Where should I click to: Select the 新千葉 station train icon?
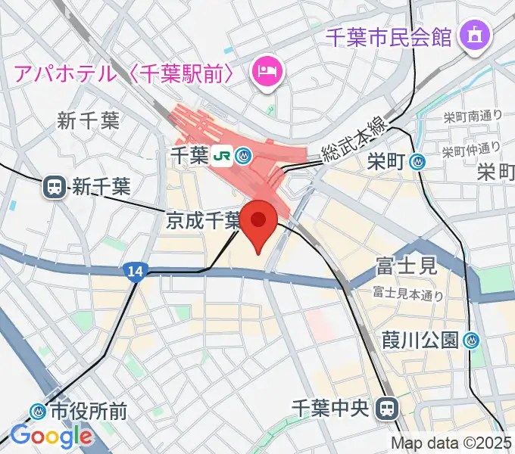pyautogui.click(x=55, y=186)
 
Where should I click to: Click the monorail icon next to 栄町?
pyautogui.click(x=417, y=161)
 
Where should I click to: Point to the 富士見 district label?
pyautogui.click(x=407, y=266)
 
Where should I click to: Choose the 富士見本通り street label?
pyautogui.click(x=407, y=294)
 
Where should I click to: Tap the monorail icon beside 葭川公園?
pyautogui.click(x=473, y=340)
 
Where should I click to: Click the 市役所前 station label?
pyautogui.click(x=89, y=412)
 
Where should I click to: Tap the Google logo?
pyautogui.click(x=51, y=436)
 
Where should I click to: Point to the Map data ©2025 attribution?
pyautogui.click(x=451, y=443)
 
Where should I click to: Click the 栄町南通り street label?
pyautogui.click(x=473, y=117)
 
